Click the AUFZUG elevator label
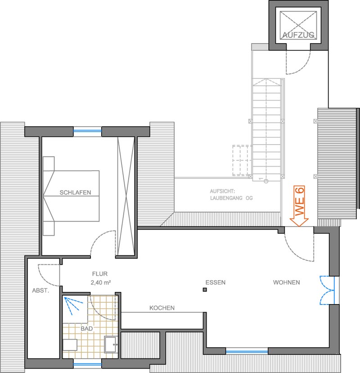point(298,35)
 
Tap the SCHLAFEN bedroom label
point(75,192)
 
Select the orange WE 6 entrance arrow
point(299,206)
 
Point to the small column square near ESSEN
point(205,290)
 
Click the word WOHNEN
point(286,282)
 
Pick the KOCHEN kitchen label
point(162,308)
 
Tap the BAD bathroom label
point(87,328)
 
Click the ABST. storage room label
point(40,291)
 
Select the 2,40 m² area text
point(101,282)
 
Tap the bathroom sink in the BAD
point(111,345)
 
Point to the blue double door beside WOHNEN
point(327,290)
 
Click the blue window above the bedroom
point(87,131)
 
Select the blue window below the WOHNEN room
point(247,351)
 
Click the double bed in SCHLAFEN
point(71,196)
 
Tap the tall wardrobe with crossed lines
point(126,196)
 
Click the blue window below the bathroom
point(87,364)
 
